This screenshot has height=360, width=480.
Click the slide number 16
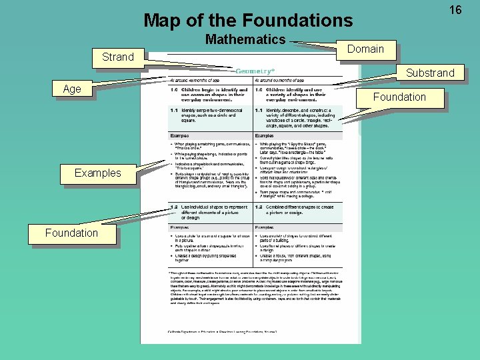pos(455,10)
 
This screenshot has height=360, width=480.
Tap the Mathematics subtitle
pos(245,40)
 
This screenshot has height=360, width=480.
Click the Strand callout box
pos(118,57)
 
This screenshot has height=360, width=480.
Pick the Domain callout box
pos(365,49)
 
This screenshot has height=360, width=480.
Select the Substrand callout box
pos(430,73)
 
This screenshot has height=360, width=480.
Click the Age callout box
pos(71,89)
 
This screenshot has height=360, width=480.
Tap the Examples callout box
pos(98,173)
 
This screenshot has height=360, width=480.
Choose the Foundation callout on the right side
pos(399,97)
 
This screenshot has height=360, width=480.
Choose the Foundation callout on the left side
pos(71,233)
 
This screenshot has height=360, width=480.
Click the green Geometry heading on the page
pos(253,70)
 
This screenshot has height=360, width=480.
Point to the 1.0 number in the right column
pos(258,90)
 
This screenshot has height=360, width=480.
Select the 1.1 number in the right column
pos(258,110)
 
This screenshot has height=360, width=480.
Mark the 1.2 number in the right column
pos(258,207)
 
